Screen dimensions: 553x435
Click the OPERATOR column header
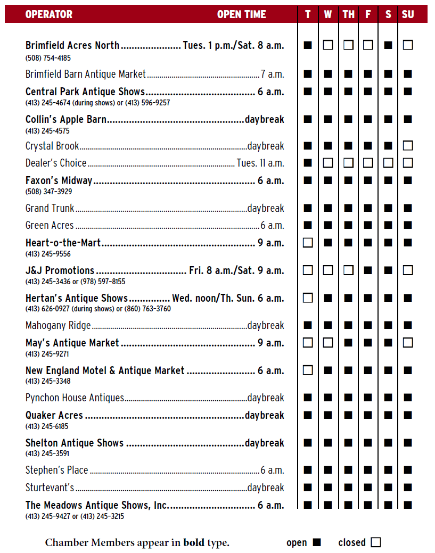[49, 14]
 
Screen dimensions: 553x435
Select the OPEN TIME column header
[241, 14]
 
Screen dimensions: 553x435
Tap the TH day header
[348, 14]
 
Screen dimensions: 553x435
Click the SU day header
[408, 14]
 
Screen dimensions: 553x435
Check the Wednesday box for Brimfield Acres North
[328, 45]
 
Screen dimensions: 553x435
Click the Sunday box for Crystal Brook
[408, 145]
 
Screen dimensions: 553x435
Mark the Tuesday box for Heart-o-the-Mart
[308, 243]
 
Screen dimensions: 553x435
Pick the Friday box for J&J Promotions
[368, 270]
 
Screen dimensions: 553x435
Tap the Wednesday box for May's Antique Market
[328, 343]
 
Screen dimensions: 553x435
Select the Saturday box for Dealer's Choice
[388, 162]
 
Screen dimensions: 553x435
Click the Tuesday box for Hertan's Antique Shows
[308, 298]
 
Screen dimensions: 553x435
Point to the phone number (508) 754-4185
[48, 57]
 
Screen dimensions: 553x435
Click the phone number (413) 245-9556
[48, 254]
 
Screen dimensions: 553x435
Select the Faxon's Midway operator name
[59, 181]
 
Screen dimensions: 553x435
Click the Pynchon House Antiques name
[75, 398]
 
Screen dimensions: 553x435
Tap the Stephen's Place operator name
[57, 470]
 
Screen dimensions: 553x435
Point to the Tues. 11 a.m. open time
[260, 163]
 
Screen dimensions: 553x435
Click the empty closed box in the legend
[376, 542]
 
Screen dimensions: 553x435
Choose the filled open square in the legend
[317, 542]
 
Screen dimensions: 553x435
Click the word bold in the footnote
[193, 543]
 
